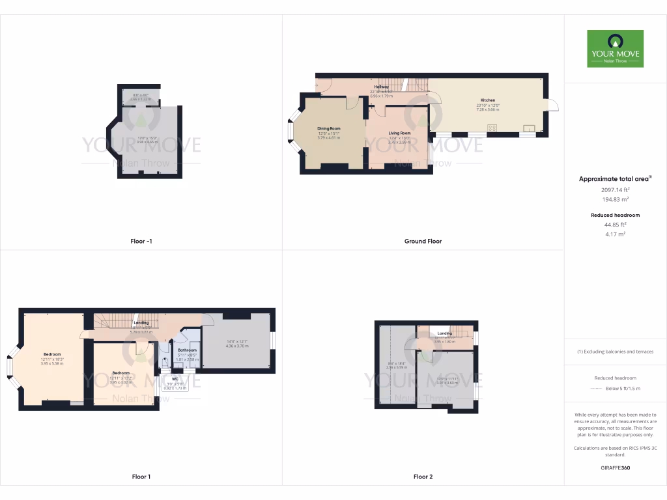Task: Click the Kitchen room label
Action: (x=488, y=100)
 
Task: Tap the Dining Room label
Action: (x=329, y=128)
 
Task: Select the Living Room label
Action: (x=399, y=133)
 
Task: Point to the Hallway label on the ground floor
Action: (x=381, y=87)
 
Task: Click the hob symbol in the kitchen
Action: (x=491, y=128)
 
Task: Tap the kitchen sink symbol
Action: (x=528, y=128)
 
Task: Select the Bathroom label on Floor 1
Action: (x=187, y=350)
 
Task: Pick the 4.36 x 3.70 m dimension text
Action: (x=237, y=346)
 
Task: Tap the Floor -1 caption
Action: (x=141, y=241)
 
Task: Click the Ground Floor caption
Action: (x=423, y=241)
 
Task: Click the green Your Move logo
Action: (x=615, y=48)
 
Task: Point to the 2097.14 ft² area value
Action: (x=615, y=189)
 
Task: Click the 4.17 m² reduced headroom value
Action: (x=615, y=234)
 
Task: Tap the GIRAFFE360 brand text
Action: (x=615, y=467)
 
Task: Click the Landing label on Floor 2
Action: (x=445, y=333)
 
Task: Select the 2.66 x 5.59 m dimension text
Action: (x=397, y=367)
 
